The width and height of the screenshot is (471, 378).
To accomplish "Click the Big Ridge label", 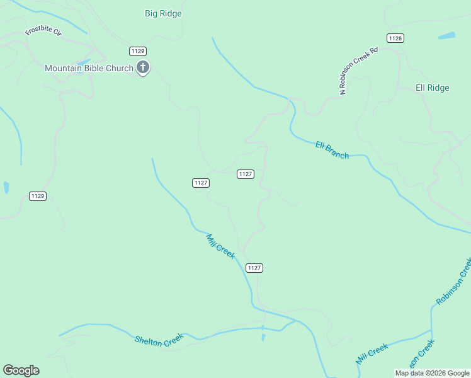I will (163, 13).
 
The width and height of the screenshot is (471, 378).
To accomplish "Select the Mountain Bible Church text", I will (89, 68).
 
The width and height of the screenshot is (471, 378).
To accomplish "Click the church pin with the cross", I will (143, 67).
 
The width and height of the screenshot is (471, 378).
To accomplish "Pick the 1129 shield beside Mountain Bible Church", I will (138, 50).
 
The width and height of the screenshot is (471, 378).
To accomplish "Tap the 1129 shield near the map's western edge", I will (38, 196).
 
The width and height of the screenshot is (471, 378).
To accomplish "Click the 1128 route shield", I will (395, 38).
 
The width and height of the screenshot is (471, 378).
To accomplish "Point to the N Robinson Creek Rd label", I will (358, 71).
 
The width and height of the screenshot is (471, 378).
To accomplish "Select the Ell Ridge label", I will (433, 88).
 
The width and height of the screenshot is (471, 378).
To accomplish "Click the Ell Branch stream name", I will (332, 150).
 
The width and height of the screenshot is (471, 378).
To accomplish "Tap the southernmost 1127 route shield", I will (254, 268).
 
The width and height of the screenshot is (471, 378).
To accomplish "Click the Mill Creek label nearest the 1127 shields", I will (220, 246).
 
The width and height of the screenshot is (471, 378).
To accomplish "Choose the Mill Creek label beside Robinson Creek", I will (372, 355).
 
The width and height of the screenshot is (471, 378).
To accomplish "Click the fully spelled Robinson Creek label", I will (453, 281).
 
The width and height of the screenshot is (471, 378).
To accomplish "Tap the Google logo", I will (21, 370).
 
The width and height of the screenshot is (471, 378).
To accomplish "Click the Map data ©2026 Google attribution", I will (432, 373).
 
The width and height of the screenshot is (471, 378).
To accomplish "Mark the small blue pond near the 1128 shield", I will (446, 35).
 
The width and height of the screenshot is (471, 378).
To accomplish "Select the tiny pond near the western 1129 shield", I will (6, 187).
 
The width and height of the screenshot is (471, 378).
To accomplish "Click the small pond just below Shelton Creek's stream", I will (263, 337).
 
